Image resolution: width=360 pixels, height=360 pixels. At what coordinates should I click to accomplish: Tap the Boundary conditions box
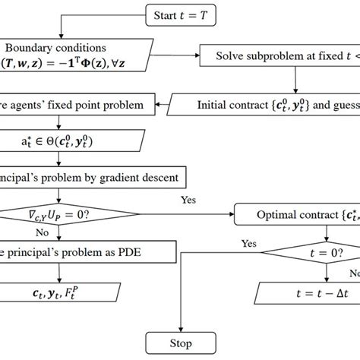(72, 55)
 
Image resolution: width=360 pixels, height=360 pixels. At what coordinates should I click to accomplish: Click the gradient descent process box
(84, 179)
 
